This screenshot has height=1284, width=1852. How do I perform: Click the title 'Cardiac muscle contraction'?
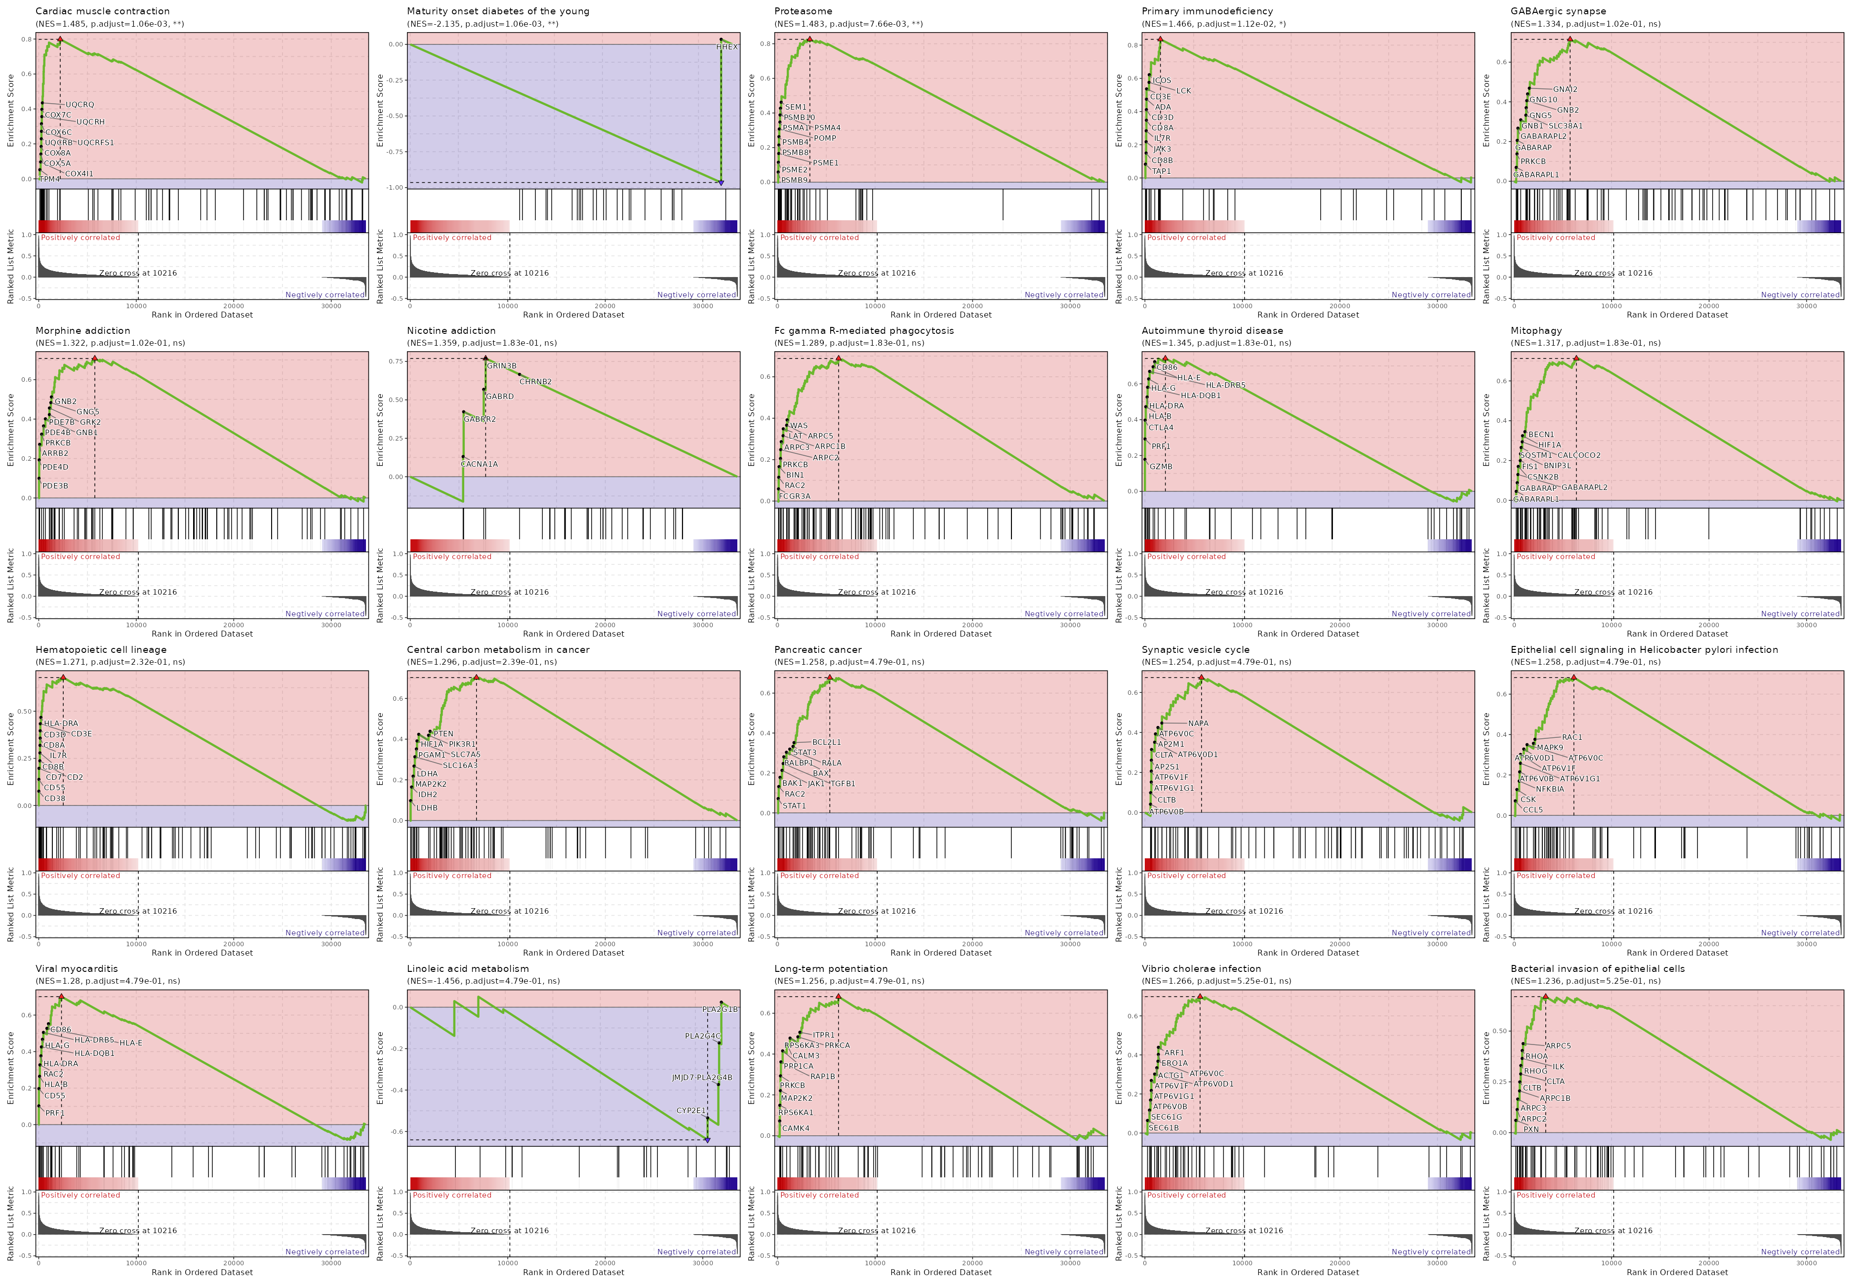[102, 11]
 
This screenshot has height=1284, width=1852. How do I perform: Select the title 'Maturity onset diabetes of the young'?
[497, 11]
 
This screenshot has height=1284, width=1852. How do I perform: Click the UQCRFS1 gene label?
[96, 142]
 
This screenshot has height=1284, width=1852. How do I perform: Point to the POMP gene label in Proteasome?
[825, 138]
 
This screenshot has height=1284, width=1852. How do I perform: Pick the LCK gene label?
[1183, 91]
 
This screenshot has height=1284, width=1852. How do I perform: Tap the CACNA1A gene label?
[479, 464]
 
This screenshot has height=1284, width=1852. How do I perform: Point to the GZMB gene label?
[1161, 467]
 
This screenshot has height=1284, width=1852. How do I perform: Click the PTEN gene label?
[443, 734]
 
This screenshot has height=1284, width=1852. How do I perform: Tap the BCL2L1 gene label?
[826, 742]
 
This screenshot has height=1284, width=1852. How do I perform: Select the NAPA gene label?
[1198, 723]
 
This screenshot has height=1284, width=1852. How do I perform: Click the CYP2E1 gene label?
[690, 1110]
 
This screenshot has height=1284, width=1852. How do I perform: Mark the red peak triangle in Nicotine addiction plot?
[485, 358]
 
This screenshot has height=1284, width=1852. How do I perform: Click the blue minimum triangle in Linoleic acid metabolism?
[707, 1140]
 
